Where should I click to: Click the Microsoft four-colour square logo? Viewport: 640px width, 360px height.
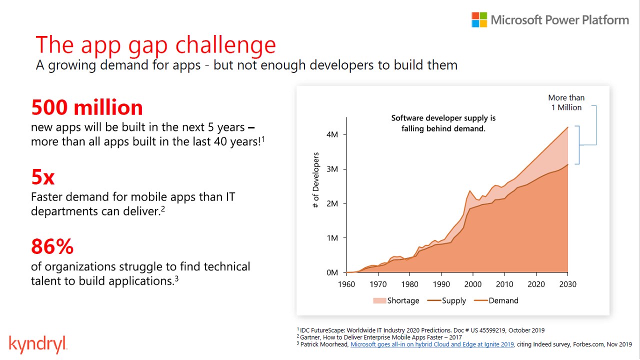click(x=479, y=20)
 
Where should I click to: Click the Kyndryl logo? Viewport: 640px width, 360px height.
click(x=38, y=344)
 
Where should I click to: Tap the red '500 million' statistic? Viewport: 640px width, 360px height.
click(x=87, y=107)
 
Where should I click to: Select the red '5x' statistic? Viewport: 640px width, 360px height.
click(x=43, y=177)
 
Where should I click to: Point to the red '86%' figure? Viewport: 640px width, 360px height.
click(x=52, y=246)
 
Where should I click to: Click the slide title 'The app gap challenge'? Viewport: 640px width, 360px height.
click(x=155, y=44)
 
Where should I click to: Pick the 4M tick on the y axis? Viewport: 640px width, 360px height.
click(x=332, y=134)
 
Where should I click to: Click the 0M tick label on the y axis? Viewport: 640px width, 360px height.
click(x=332, y=272)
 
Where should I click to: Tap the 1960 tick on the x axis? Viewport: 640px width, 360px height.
click(x=346, y=284)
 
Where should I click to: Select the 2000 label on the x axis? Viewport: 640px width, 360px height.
click(x=473, y=284)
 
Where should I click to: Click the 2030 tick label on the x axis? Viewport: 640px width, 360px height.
click(x=567, y=284)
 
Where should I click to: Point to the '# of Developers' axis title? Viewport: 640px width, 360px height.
click(x=315, y=180)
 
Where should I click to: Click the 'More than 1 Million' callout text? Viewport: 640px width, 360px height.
click(x=566, y=102)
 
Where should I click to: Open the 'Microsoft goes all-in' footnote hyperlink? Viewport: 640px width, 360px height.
click(x=432, y=344)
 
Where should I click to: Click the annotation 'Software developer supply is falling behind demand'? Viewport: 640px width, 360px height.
click(x=443, y=123)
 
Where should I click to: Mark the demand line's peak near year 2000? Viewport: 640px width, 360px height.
click(x=470, y=190)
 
